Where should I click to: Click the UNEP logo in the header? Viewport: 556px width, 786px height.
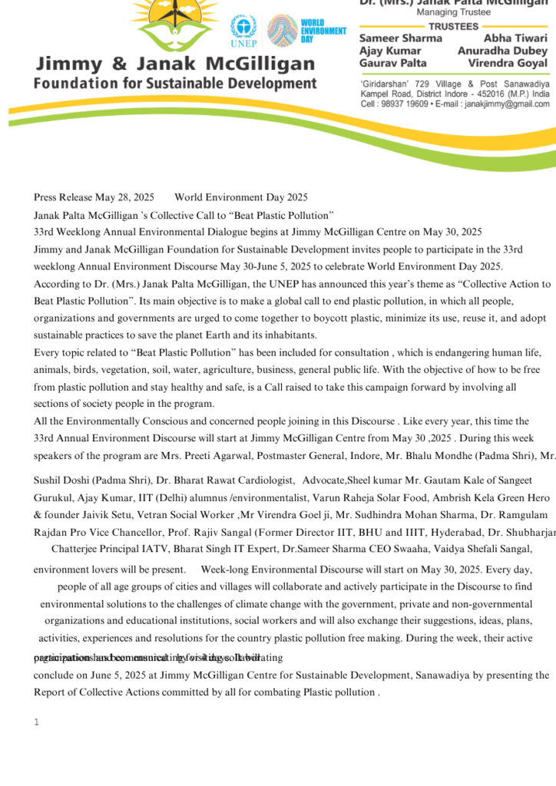(243, 32)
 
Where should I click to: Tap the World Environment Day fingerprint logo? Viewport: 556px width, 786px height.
(283, 31)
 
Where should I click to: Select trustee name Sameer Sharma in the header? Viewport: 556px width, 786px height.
(401, 38)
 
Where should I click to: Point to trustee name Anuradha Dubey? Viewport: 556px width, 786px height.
(504, 51)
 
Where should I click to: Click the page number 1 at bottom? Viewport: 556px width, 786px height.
(36, 722)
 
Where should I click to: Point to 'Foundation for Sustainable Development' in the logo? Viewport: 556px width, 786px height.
(175, 83)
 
